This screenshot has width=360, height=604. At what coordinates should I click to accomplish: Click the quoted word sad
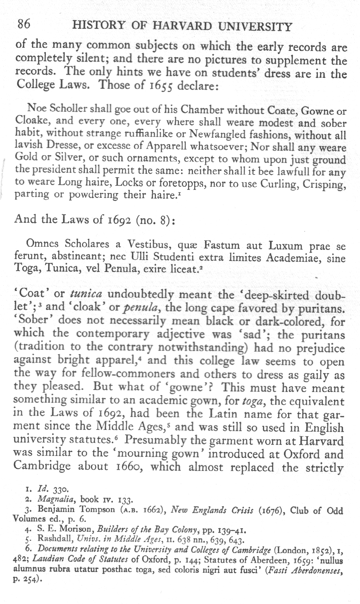click(252, 334)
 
